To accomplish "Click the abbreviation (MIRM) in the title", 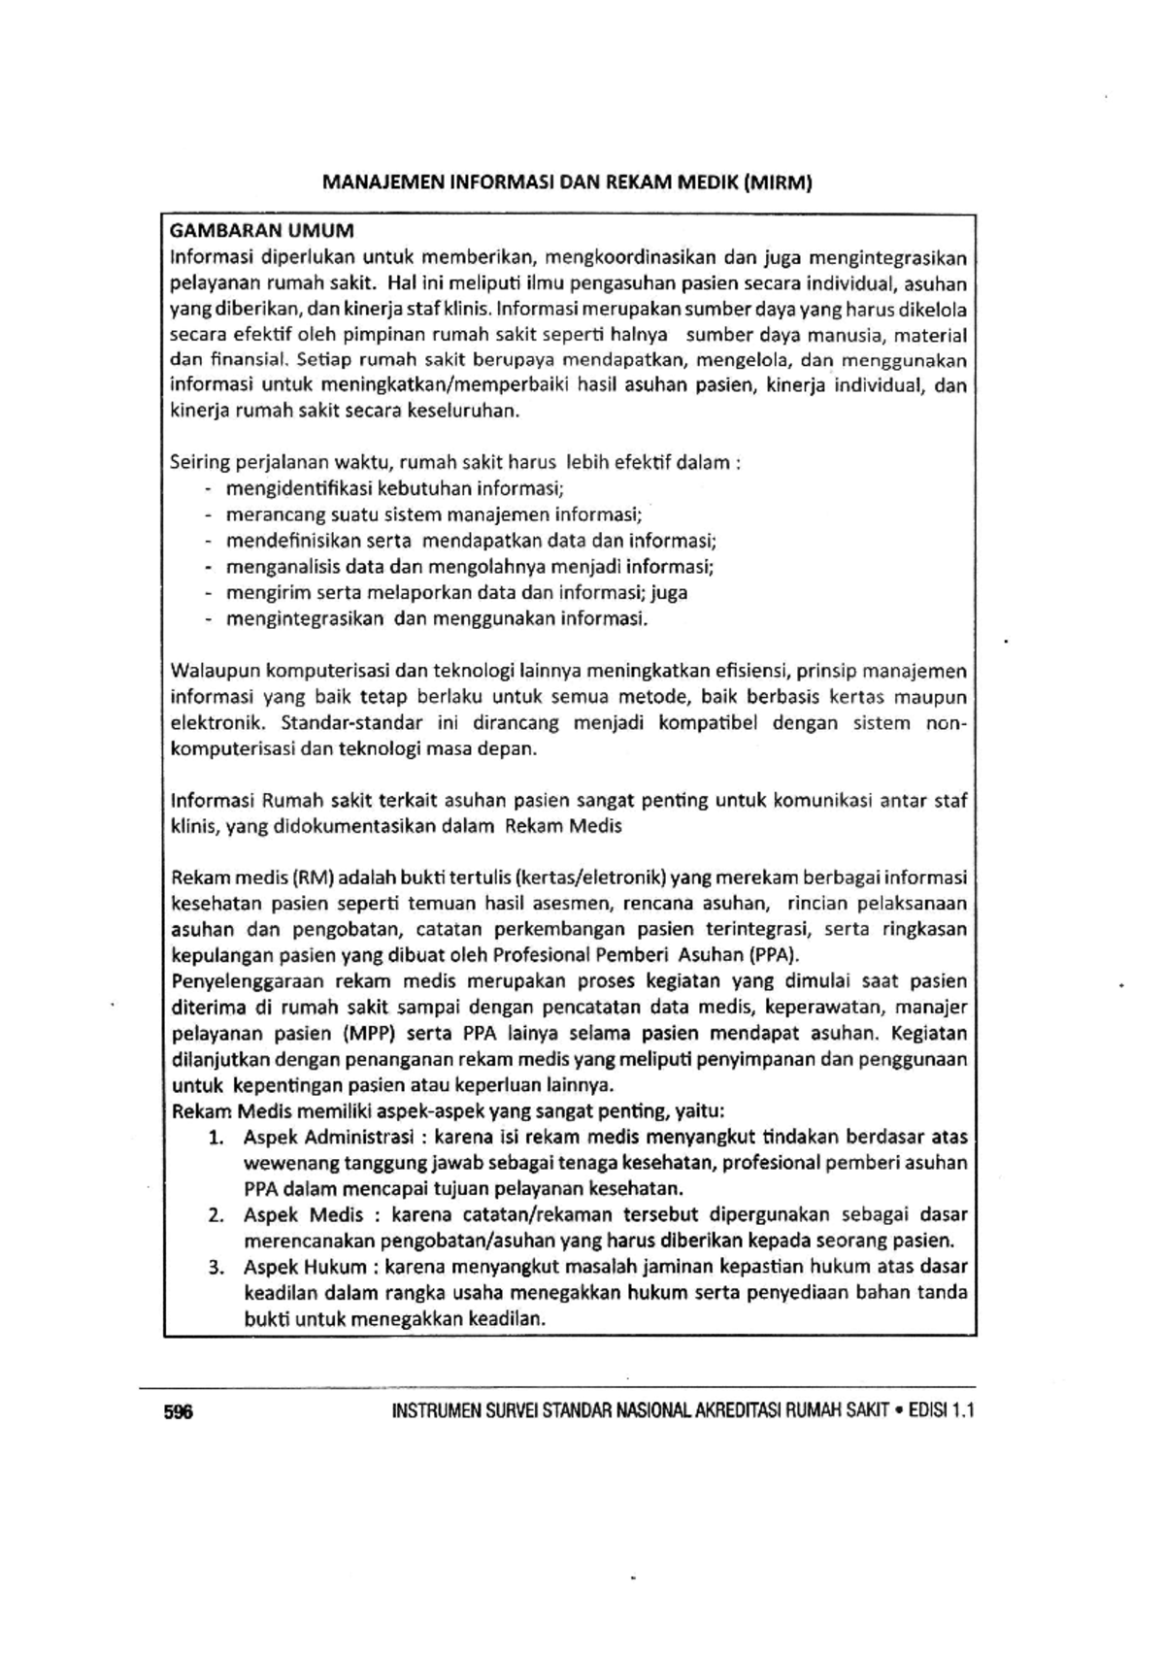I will pyautogui.click(x=777, y=182).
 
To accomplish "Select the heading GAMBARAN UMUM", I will pyautogui.click(x=262, y=231).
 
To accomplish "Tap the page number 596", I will pyautogui.click(x=179, y=1412).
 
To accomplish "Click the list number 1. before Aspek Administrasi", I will pyautogui.click(x=216, y=1137).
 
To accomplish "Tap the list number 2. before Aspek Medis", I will pyautogui.click(x=216, y=1214).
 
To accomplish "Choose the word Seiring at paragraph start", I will pyautogui.click(x=200, y=462).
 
